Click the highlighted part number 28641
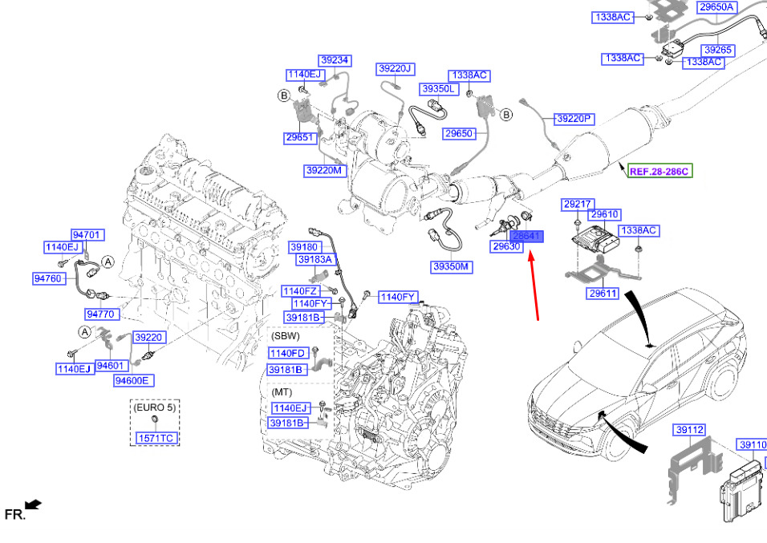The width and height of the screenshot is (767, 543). click(x=527, y=237)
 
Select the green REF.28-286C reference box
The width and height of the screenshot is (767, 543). click(x=659, y=171)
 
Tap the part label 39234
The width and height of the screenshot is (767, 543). click(x=335, y=60)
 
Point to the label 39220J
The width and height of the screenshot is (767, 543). click(x=395, y=69)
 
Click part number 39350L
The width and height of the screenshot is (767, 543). click(x=439, y=88)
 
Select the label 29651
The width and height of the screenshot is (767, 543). click(x=299, y=138)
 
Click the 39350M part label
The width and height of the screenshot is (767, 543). click(x=451, y=266)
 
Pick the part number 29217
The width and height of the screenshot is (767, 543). click(x=576, y=204)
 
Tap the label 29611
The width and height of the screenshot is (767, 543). click(x=603, y=294)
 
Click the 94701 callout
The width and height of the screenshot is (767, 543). click(x=87, y=235)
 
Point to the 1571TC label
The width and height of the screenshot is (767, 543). click(x=156, y=438)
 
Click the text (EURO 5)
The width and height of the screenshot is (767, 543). click(x=155, y=407)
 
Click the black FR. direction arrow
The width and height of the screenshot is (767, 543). click(x=32, y=505)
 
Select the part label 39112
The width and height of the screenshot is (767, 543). click(x=689, y=431)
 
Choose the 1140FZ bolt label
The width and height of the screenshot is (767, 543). click(x=300, y=290)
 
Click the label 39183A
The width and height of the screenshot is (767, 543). click(x=315, y=260)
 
